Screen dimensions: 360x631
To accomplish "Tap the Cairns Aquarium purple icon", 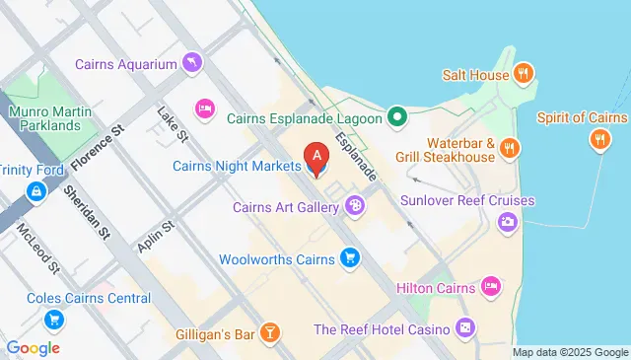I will pos(192,64).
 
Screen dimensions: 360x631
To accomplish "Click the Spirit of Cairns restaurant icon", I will pos(597,140).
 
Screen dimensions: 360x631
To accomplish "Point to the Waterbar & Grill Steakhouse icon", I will pos(510,148).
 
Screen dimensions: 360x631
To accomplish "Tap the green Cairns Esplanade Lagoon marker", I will pos(397,118).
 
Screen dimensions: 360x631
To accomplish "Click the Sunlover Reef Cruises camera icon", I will pos(508,221).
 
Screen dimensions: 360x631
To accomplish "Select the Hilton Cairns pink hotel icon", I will pos(491,287).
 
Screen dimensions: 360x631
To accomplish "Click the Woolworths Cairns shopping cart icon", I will pos(348,258).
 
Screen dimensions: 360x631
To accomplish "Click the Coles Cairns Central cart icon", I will pos(54,320).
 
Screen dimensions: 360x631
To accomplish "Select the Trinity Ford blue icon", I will pos(36,190).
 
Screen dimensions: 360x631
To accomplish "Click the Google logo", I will pos(33,347).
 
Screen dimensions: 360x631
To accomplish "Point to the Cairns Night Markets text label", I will pos(237,166).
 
